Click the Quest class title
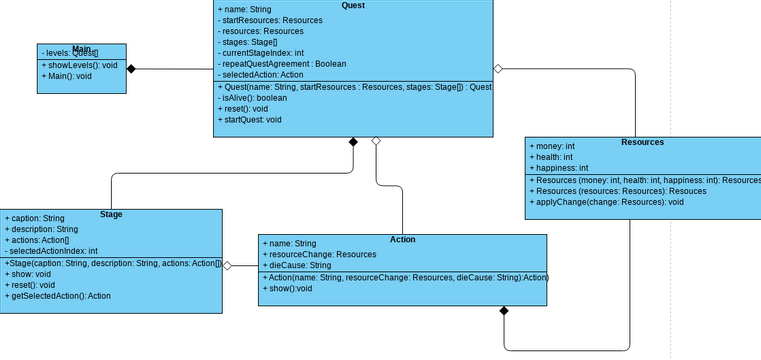click(x=353, y=5)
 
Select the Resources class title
click(x=642, y=142)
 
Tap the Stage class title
click(x=112, y=214)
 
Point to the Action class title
click(x=402, y=239)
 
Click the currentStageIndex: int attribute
click(x=259, y=53)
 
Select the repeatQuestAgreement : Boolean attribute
click(x=275, y=62)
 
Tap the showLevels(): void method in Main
click(x=80, y=64)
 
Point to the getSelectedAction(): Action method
click(x=58, y=296)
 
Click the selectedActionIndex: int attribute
click(x=51, y=251)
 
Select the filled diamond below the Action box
click(x=504, y=313)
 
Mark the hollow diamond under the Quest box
click(x=375, y=142)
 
